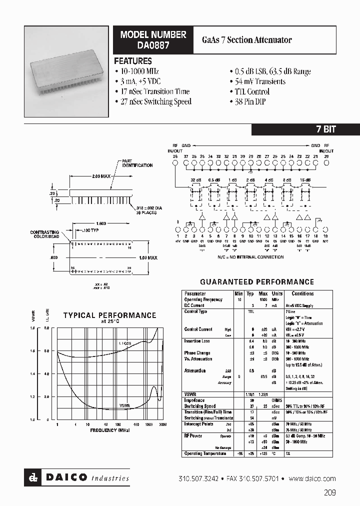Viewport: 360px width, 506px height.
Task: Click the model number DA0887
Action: (x=152, y=44)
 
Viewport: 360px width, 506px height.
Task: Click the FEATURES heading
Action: (x=133, y=61)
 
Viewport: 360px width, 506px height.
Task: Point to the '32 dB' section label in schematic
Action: (x=195, y=179)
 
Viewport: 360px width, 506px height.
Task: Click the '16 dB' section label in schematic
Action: (x=305, y=179)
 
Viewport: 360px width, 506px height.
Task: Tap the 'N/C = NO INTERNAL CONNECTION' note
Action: (x=250, y=257)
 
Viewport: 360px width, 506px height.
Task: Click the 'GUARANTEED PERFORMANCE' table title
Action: (x=257, y=282)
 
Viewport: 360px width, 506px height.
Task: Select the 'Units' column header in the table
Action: (x=277, y=293)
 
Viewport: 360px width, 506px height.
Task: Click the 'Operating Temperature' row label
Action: (x=205, y=453)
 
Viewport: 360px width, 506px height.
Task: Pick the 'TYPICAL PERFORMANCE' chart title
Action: (x=109, y=315)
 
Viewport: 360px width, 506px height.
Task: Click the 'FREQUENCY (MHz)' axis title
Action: (x=110, y=430)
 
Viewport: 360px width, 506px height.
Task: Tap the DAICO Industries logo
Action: (x=77, y=478)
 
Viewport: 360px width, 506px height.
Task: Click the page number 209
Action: (x=329, y=492)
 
